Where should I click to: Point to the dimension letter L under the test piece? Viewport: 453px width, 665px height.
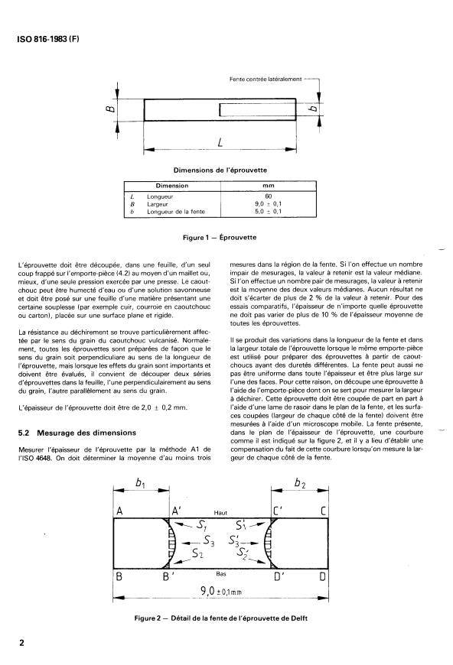click(220, 144)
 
